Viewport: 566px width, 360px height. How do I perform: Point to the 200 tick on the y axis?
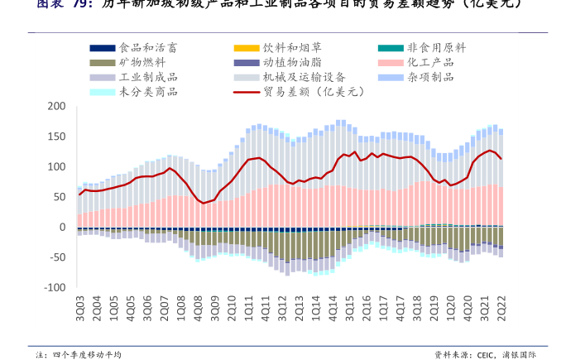point(56,106)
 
